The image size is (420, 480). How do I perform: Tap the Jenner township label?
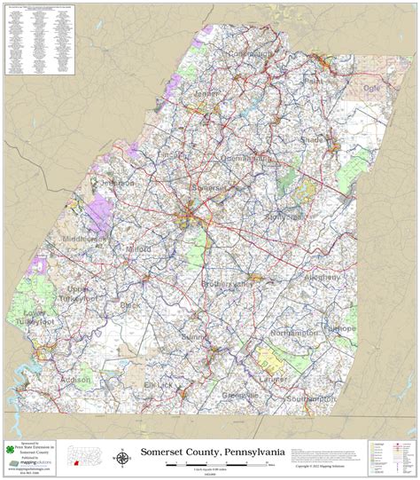point(206,93)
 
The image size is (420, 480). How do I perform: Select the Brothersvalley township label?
point(225,283)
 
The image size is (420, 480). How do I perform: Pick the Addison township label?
point(74,379)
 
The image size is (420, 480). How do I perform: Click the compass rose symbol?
point(121,458)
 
